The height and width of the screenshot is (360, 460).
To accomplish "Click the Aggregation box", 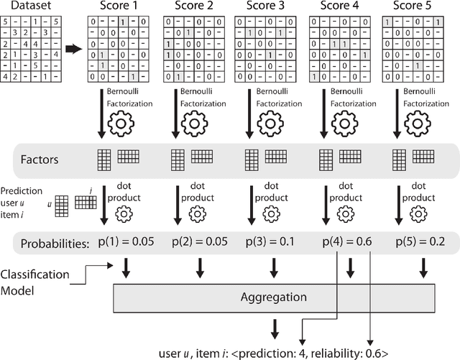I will pyautogui.click(x=272, y=297).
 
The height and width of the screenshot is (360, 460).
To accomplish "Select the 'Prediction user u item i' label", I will pyautogui.click(x=22, y=198).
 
